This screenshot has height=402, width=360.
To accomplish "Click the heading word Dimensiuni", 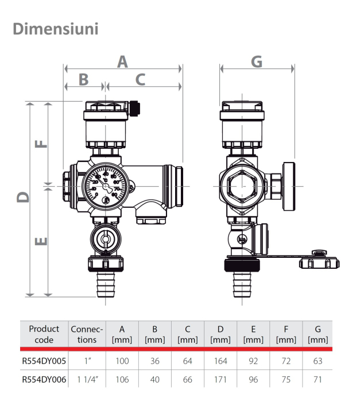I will pyautogui.click(x=55, y=28).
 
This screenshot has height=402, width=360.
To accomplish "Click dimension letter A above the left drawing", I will pyautogui.click(x=122, y=62).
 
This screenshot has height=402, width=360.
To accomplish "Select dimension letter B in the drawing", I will pyautogui.click(x=84, y=79).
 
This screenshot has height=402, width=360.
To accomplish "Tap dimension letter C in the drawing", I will pyautogui.click(x=141, y=79).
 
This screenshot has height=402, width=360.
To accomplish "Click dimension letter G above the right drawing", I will pyautogui.click(x=257, y=62).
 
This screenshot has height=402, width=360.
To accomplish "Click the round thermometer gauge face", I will pyautogui.click(x=104, y=185).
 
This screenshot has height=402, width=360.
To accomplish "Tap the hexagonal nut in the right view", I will pyautogui.click(x=241, y=186).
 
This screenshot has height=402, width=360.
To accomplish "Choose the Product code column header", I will pyautogui.click(x=44, y=334).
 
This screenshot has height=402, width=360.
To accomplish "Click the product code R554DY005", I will pyautogui.click(x=44, y=361).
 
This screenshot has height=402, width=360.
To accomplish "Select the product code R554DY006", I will pyautogui.click(x=44, y=380).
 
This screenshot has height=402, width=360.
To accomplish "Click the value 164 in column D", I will pyautogui.click(x=220, y=361).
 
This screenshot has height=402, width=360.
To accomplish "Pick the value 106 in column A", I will pyautogui.click(x=122, y=380).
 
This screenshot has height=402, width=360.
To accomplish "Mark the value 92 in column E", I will pyautogui.click(x=253, y=361).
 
